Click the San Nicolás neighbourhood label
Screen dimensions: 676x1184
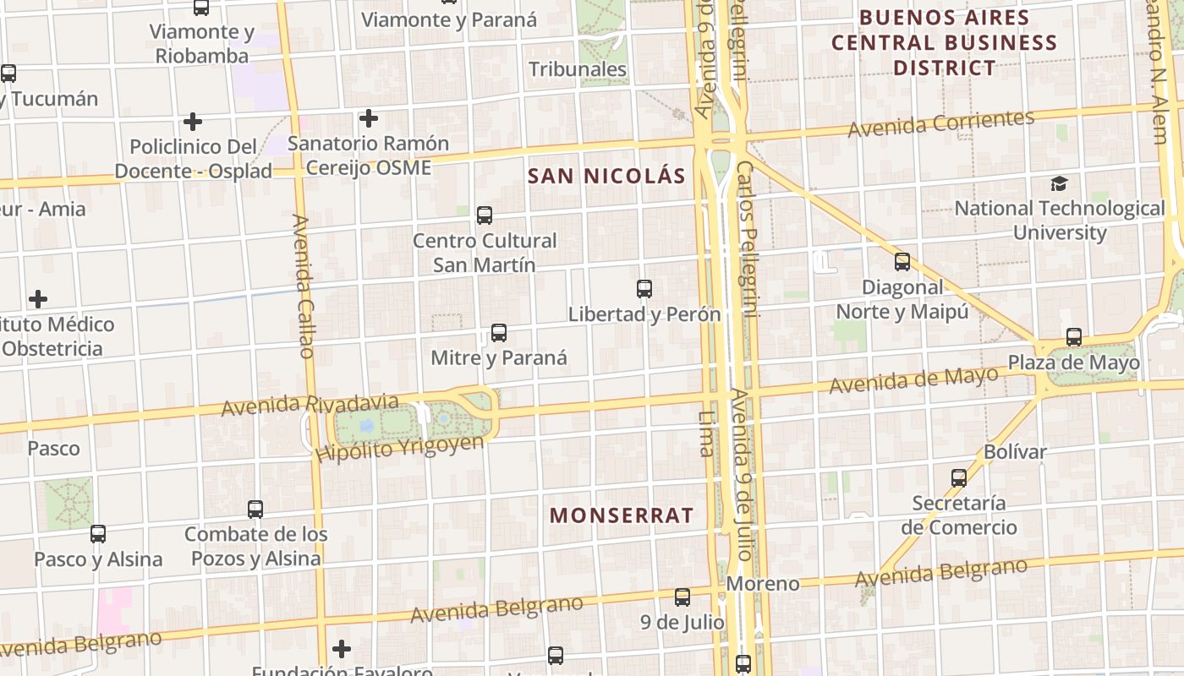606,176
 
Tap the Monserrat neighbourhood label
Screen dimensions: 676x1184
622,515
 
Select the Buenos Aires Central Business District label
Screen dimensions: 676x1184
944,42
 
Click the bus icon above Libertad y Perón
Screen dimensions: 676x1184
644,289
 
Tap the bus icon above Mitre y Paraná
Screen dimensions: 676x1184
499,333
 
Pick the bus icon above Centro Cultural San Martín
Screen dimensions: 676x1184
485,215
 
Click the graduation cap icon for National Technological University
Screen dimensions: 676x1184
1058,183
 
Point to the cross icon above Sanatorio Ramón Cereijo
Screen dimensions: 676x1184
368,118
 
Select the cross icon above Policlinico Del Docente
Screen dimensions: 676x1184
193,122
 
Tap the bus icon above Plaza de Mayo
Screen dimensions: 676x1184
1074,337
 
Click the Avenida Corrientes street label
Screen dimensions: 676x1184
940,123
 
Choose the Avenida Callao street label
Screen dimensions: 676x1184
304,286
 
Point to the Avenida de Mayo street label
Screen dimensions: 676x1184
913,380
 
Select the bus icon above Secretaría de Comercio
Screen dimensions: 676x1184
959,478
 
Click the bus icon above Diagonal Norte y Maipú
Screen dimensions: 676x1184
902,262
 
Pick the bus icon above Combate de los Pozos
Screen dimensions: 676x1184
255,510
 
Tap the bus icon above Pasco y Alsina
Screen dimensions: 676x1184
98,534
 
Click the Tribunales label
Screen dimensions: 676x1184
578,69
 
